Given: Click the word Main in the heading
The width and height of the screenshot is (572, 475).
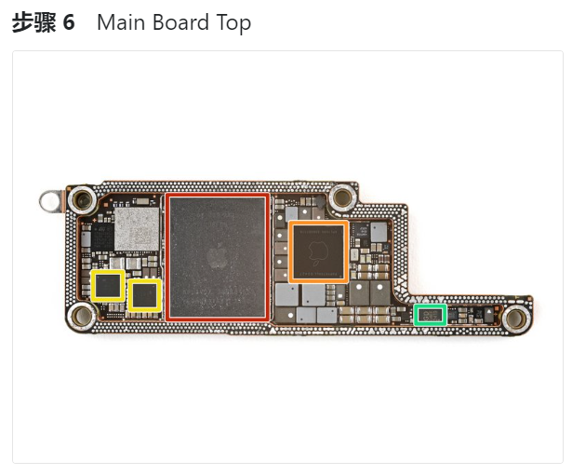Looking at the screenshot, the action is [x=120, y=22].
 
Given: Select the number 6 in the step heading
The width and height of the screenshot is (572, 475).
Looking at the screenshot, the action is [x=68, y=22].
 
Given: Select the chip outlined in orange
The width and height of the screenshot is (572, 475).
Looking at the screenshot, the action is [x=318, y=251].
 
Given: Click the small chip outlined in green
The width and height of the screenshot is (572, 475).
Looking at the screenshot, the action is [x=430, y=315].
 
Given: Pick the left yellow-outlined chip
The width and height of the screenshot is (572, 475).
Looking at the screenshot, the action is [x=109, y=285].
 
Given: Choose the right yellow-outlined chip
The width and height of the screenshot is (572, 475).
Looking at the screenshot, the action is [x=144, y=295].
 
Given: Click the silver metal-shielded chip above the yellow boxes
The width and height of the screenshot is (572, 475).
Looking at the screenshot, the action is [x=136, y=228].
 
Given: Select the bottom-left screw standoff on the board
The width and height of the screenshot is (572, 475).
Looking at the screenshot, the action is [x=81, y=318].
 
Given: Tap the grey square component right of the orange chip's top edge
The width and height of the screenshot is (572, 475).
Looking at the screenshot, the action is [x=379, y=230].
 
